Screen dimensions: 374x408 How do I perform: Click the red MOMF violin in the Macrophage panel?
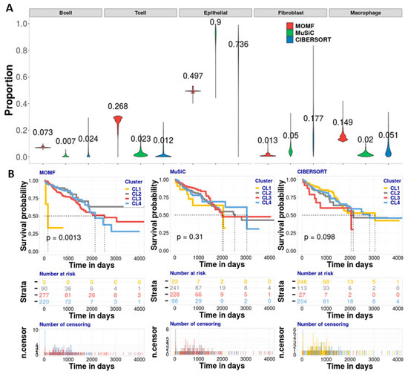(x=343, y=136)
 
